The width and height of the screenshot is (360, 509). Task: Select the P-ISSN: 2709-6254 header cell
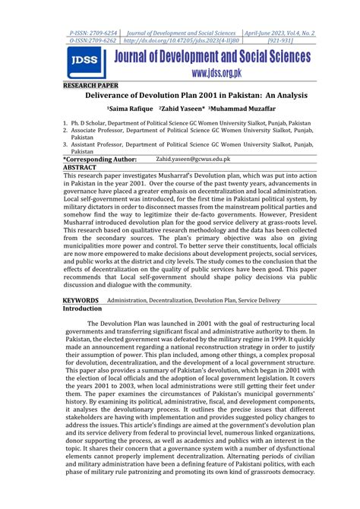[x=92, y=34]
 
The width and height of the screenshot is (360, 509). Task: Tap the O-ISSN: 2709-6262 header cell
[x=92, y=42]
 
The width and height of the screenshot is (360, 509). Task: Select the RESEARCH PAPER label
[x=91, y=88]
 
